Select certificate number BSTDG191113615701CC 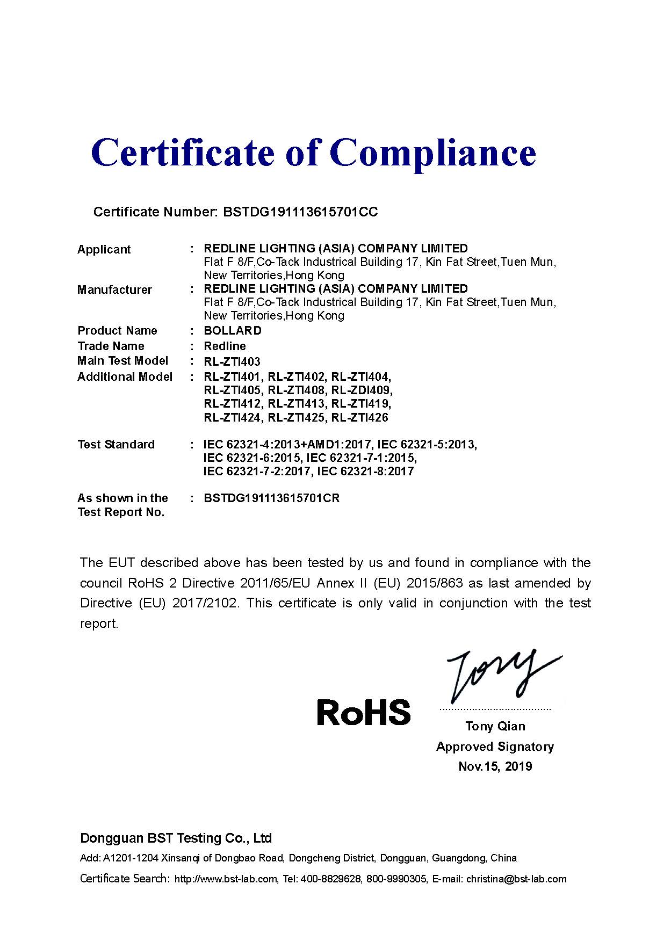300,212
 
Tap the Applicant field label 104,249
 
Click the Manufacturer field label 114,289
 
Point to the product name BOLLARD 233,330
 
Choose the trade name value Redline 225,346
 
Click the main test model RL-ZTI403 232,361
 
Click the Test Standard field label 116,444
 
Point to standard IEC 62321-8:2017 365,471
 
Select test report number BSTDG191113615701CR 271,498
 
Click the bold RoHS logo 363,712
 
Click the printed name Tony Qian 495,726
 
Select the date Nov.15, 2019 495,766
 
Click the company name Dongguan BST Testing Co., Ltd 176,838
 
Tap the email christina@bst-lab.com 516,879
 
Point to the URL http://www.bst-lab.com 226,879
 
